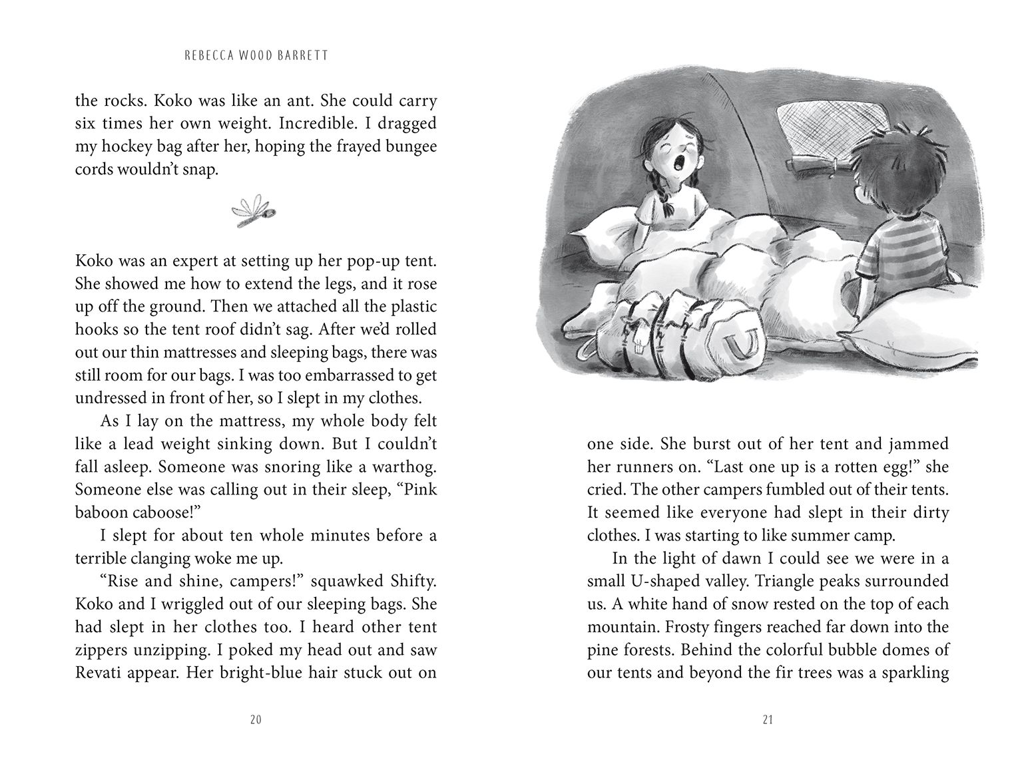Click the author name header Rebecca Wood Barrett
click(x=256, y=56)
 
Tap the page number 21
click(x=768, y=719)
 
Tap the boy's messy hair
click(x=898, y=154)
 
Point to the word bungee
click(x=407, y=146)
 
